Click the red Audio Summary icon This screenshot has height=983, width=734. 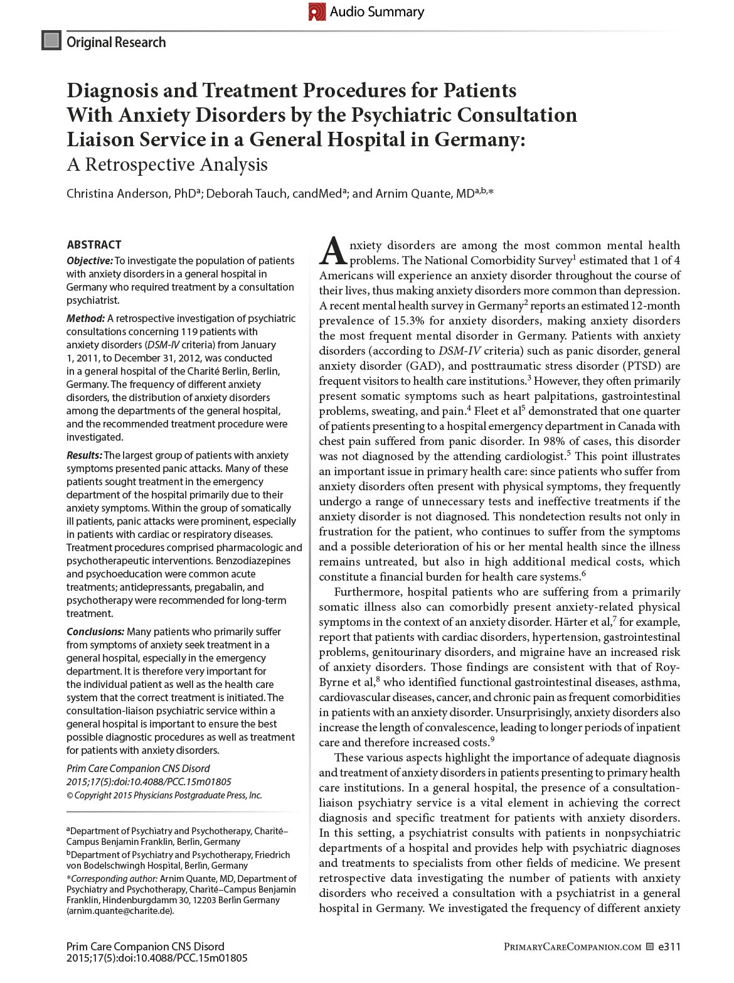tap(317, 12)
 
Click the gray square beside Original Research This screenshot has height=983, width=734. tap(51, 41)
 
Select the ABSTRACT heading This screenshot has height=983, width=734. tap(94, 245)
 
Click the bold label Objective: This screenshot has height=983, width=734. tap(90, 261)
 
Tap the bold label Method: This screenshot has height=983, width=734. tap(85, 318)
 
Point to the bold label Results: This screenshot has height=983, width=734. tap(84, 455)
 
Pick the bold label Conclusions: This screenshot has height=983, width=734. tap(95, 631)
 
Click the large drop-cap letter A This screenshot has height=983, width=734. tap(333, 252)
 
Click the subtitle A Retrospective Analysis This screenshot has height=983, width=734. tap(167, 164)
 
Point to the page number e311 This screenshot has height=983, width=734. tap(669, 947)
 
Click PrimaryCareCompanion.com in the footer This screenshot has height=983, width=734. tap(572, 947)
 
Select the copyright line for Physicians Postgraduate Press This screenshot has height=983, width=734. tap(164, 795)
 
